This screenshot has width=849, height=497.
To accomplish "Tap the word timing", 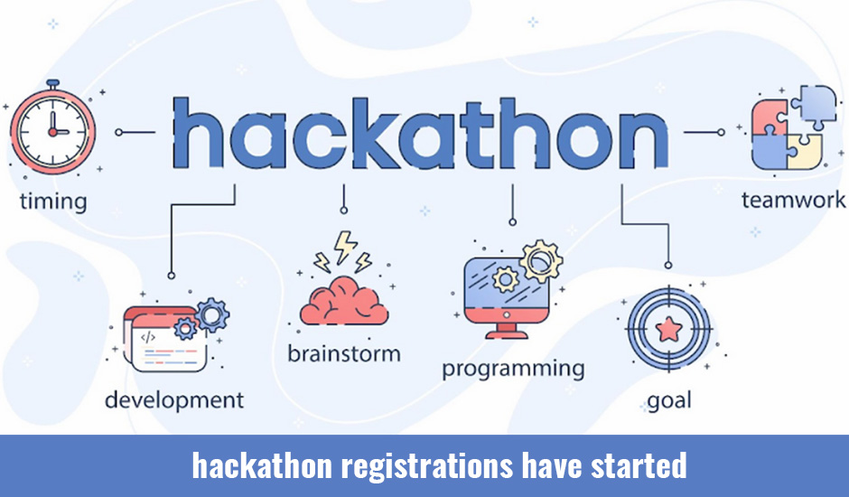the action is tap(53, 202).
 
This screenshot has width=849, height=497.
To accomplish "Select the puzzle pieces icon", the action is tap(793, 128).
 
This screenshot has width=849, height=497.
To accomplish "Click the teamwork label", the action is tap(793, 200).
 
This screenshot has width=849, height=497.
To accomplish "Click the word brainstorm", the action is tap(344, 354).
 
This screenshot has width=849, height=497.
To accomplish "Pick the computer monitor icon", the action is tap(507, 295).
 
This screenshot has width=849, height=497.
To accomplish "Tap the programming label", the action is tap(513, 370).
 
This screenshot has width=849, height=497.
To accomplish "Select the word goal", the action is tap(669, 401).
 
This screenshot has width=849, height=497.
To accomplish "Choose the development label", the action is tap(174, 401).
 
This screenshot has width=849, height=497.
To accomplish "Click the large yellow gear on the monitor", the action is tap(541, 262).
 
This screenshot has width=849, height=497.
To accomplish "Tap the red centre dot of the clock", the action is tap(52, 132).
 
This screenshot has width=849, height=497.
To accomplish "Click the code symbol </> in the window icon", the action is tap(148, 337).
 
